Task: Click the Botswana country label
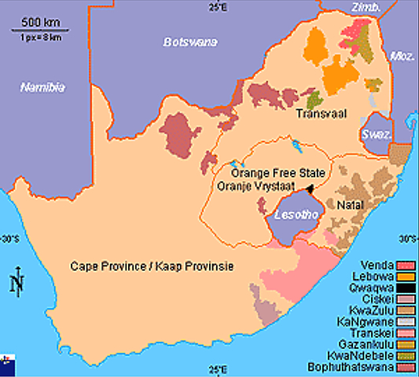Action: pos(189,42)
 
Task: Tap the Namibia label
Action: pos(43,86)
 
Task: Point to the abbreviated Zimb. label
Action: pos(366,7)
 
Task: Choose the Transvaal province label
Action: pos(317,114)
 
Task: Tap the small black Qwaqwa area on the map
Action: pos(311,188)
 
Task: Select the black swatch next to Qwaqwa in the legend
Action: pos(406,287)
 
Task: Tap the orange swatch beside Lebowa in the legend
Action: pos(406,276)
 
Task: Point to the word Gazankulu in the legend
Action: pos(372,343)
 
